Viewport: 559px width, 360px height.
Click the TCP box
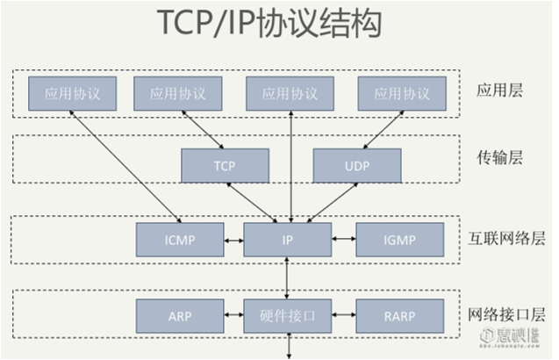tap(225, 164)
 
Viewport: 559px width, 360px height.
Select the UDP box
tap(356, 164)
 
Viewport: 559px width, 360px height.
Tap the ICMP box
tap(180, 239)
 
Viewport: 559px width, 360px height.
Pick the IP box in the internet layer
tap(287, 239)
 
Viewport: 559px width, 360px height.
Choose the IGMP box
tap(398, 239)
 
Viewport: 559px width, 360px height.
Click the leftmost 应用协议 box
tap(72, 94)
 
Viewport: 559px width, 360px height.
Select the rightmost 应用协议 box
tap(402, 94)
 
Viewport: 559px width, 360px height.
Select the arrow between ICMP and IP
tap(233, 239)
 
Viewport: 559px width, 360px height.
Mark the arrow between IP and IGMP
tap(343, 239)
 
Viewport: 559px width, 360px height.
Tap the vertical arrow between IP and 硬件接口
tap(287, 277)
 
